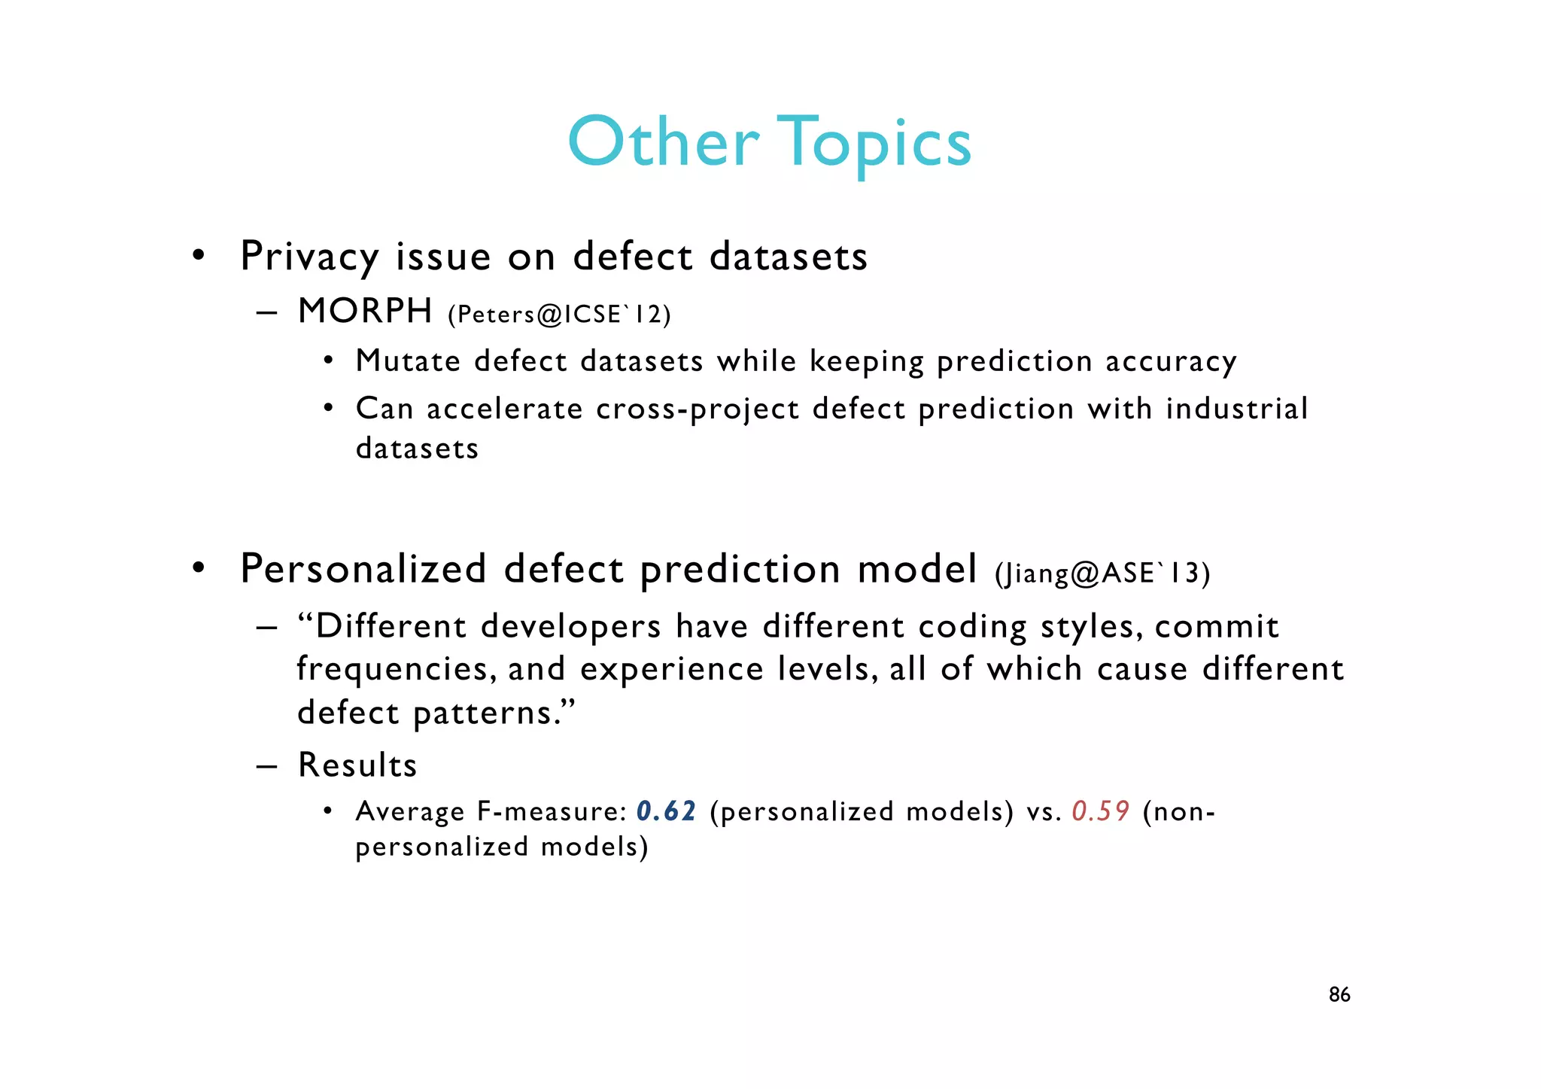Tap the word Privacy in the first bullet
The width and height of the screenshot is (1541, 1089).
coord(309,257)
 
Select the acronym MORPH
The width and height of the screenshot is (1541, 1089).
coord(365,311)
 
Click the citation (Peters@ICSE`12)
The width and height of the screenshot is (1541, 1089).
coord(559,314)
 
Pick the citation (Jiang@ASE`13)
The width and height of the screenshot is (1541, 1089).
coord(1102,573)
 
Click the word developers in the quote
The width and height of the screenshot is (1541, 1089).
coord(570,627)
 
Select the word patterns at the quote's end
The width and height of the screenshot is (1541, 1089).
coord(494,713)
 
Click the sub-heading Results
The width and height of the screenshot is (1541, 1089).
coord(357,765)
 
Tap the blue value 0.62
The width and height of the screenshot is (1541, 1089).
coord(666,811)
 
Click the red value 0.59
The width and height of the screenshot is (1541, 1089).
coord(1100,811)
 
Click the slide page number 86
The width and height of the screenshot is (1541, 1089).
coord(1339,995)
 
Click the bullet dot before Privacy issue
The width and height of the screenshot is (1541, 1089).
coord(198,256)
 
